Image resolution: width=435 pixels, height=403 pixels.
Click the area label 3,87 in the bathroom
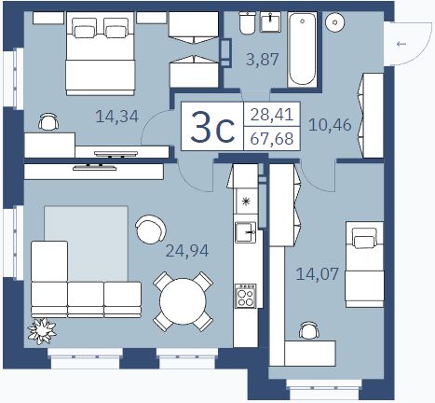[x=263, y=59]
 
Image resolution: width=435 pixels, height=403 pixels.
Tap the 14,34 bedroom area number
[x=116, y=117]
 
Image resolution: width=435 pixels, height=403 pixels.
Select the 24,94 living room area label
[x=187, y=251]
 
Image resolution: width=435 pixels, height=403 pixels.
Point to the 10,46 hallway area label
[x=330, y=125]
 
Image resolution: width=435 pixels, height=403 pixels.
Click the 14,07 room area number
[x=317, y=274]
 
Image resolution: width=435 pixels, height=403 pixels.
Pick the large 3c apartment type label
[x=212, y=128]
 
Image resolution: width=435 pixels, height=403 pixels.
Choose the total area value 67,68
[x=272, y=138]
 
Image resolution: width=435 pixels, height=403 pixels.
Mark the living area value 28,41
[x=272, y=115]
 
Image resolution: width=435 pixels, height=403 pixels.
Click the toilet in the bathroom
[x=248, y=22]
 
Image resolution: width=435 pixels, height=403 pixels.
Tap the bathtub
[x=303, y=49]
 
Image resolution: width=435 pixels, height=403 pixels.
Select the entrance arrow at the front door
[x=401, y=44]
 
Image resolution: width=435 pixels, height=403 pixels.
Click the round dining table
[x=183, y=301]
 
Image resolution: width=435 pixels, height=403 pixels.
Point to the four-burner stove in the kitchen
[x=246, y=296]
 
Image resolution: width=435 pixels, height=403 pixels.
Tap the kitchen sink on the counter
[x=246, y=232]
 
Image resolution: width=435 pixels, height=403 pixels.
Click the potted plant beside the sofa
[x=42, y=331]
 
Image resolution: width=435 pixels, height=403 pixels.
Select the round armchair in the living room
[x=151, y=229]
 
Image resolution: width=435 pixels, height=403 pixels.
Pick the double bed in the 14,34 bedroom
[x=101, y=53]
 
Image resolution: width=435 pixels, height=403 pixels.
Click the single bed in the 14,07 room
[x=364, y=264]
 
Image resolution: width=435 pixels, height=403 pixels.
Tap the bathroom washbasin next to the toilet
[x=270, y=22]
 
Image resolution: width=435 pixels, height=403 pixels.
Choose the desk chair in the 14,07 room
[x=309, y=330]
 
